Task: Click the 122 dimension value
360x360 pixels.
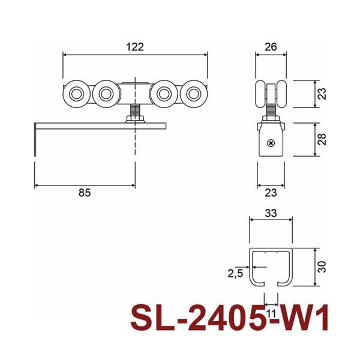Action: [135, 47]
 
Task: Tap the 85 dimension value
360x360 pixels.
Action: [85, 193]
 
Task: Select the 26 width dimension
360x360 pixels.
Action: [271, 47]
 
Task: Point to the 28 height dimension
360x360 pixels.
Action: [322, 139]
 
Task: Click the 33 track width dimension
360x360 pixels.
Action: [271, 213]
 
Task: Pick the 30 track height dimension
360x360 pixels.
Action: [322, 267]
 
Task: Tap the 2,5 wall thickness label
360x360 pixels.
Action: [235, 274]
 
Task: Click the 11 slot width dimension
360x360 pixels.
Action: [271, 313]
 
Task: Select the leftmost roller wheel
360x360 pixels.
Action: [76, 94]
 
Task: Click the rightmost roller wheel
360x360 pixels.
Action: [194, 94]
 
